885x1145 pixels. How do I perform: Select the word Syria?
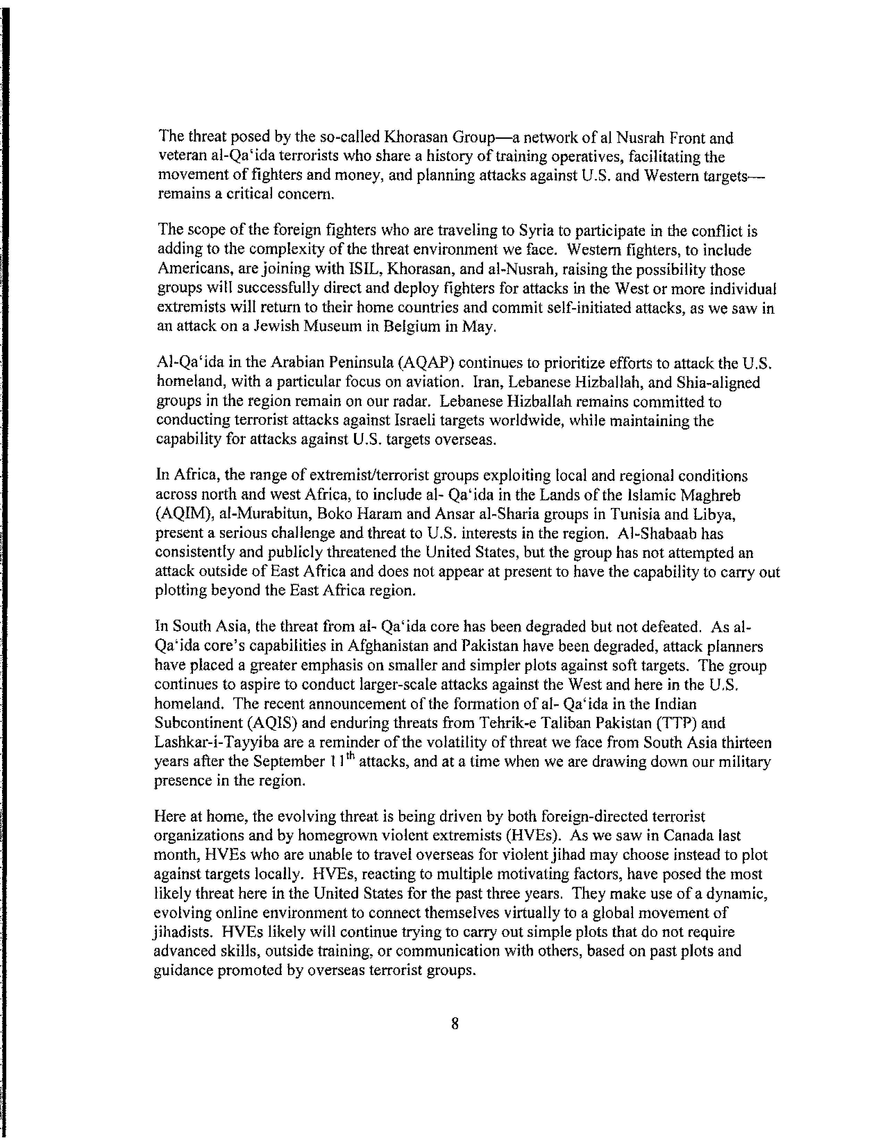536,231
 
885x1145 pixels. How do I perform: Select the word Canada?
692,836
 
